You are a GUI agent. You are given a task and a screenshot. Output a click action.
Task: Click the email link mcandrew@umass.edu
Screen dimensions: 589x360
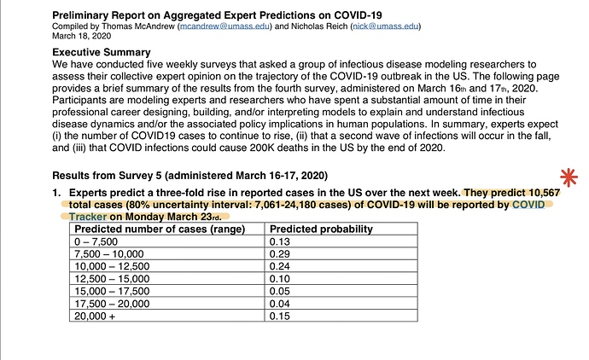[x=225, y=26]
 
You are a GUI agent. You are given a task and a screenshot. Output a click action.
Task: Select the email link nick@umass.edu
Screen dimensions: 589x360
[x=385, y=26]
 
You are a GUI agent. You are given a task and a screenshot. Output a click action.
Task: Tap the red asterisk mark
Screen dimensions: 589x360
[x=569, y=177]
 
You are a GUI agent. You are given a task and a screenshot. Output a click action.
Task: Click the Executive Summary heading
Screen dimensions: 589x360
[x=102, y=52]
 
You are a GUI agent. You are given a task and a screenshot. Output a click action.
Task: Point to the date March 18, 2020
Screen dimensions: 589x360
[x=81, y=36]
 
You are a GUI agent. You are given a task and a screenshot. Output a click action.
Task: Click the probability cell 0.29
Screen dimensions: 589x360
[x=279, y=253]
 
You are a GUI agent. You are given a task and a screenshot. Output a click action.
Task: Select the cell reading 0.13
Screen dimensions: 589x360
[x=279, y=241]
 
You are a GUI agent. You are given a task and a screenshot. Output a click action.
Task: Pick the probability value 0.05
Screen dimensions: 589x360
[x=279, y=291]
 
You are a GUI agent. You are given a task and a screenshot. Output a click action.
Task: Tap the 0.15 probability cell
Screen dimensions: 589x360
[x=279, y=316]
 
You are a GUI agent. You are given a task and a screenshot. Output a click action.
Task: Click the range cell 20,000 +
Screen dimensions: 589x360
[x=95, y=316]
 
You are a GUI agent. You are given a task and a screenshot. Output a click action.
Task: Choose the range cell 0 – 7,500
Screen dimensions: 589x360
[x=96, y=241]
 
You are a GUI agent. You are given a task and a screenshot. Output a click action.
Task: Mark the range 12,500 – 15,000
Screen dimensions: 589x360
[x=112, y=279]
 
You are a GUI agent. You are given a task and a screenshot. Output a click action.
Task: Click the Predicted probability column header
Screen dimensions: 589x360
[x=321, y=229]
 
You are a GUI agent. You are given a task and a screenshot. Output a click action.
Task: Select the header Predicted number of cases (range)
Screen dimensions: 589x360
[x=160, y=229]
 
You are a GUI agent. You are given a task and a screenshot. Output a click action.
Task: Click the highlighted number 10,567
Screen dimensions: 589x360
[x=545, y=193]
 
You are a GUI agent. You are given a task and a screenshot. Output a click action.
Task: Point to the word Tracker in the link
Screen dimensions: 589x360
[x=88, y=217]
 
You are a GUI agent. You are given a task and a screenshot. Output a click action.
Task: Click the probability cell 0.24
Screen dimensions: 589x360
[x=279, y=266]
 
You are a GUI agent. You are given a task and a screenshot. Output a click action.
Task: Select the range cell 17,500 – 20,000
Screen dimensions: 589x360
[x=112, y=304]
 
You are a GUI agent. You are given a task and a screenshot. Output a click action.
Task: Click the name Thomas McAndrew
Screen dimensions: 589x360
[x=138, y=26]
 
